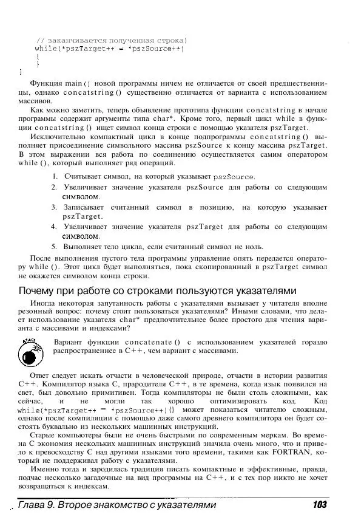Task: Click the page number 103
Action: point(317,505)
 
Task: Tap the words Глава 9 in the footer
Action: point(37,505)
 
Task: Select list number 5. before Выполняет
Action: point(55,247)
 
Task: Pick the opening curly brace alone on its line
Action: point(38,55)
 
